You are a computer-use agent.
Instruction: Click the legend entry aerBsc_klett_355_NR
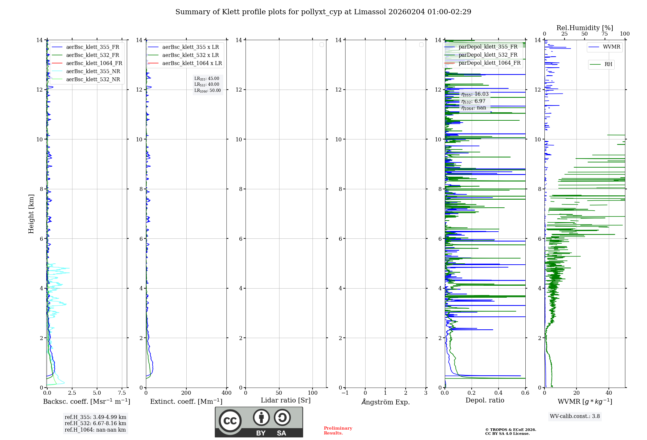pyautogui.click(x=93, y=71)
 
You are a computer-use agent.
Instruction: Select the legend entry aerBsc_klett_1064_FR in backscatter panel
pyautogui.click(x=94, y=63)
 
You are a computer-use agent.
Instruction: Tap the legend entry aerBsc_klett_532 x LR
pyautogui.click(x=190, y=55)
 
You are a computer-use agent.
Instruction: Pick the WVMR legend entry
pyautogui.click(x=611, y=47)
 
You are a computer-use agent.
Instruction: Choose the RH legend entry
pyautogui.click(x=608, y=64)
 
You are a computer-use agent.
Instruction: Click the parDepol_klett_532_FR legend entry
pyautogui.click(x=488, y=55)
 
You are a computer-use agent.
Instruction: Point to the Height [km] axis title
pyautogui.click(x=31, y=214)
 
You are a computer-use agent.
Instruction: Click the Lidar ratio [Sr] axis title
pyautogui.click(x=285, y=401)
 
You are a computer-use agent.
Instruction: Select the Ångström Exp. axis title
pyautogui.click(x=385, y=402)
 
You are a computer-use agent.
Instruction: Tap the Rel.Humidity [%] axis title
pyautogui.click(x=585, y=28)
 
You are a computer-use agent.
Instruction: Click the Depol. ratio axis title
pyautogui.click(x=485, y=401)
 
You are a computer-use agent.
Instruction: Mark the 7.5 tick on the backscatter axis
pyautogui.click(x=122, y=393)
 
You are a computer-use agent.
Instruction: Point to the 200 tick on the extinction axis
pyautogui.click(x=186, y=393)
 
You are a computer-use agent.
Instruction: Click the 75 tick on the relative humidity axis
pyautogui.click(x=604, y=34)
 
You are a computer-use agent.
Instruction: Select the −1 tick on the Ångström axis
pyautogui.click(x=345, y=393)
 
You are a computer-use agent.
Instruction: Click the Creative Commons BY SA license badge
pyautogui.click(x=259, y=422)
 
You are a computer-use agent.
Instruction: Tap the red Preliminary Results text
pyautogui.click(x=338, y=431)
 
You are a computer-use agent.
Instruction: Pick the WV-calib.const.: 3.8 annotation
pyautogui.click(x=575, y=416)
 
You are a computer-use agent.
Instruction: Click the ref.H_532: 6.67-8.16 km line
pyautogui.click(x=95, y=423)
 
